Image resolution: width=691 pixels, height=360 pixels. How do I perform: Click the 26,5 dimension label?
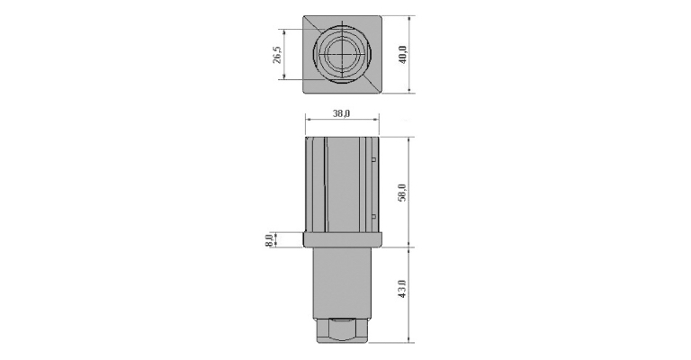click(277, 53)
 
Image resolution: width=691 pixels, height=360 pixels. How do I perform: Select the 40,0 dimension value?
click(403, 55)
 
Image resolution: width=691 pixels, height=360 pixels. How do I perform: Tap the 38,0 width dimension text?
click(342, 113)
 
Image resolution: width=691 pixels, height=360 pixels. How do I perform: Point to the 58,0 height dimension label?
click(402, 193)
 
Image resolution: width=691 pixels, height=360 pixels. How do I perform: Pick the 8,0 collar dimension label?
click(269, 240)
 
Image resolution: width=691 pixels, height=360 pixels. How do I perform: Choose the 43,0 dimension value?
click(401, 289)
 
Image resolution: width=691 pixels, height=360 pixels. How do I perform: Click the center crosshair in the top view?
click(342, 53)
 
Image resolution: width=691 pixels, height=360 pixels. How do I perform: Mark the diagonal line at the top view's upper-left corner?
click(314, 23)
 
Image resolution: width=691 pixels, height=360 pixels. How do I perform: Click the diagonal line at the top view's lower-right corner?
click(371, 84)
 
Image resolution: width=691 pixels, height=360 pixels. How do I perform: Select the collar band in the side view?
click(343, 239)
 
